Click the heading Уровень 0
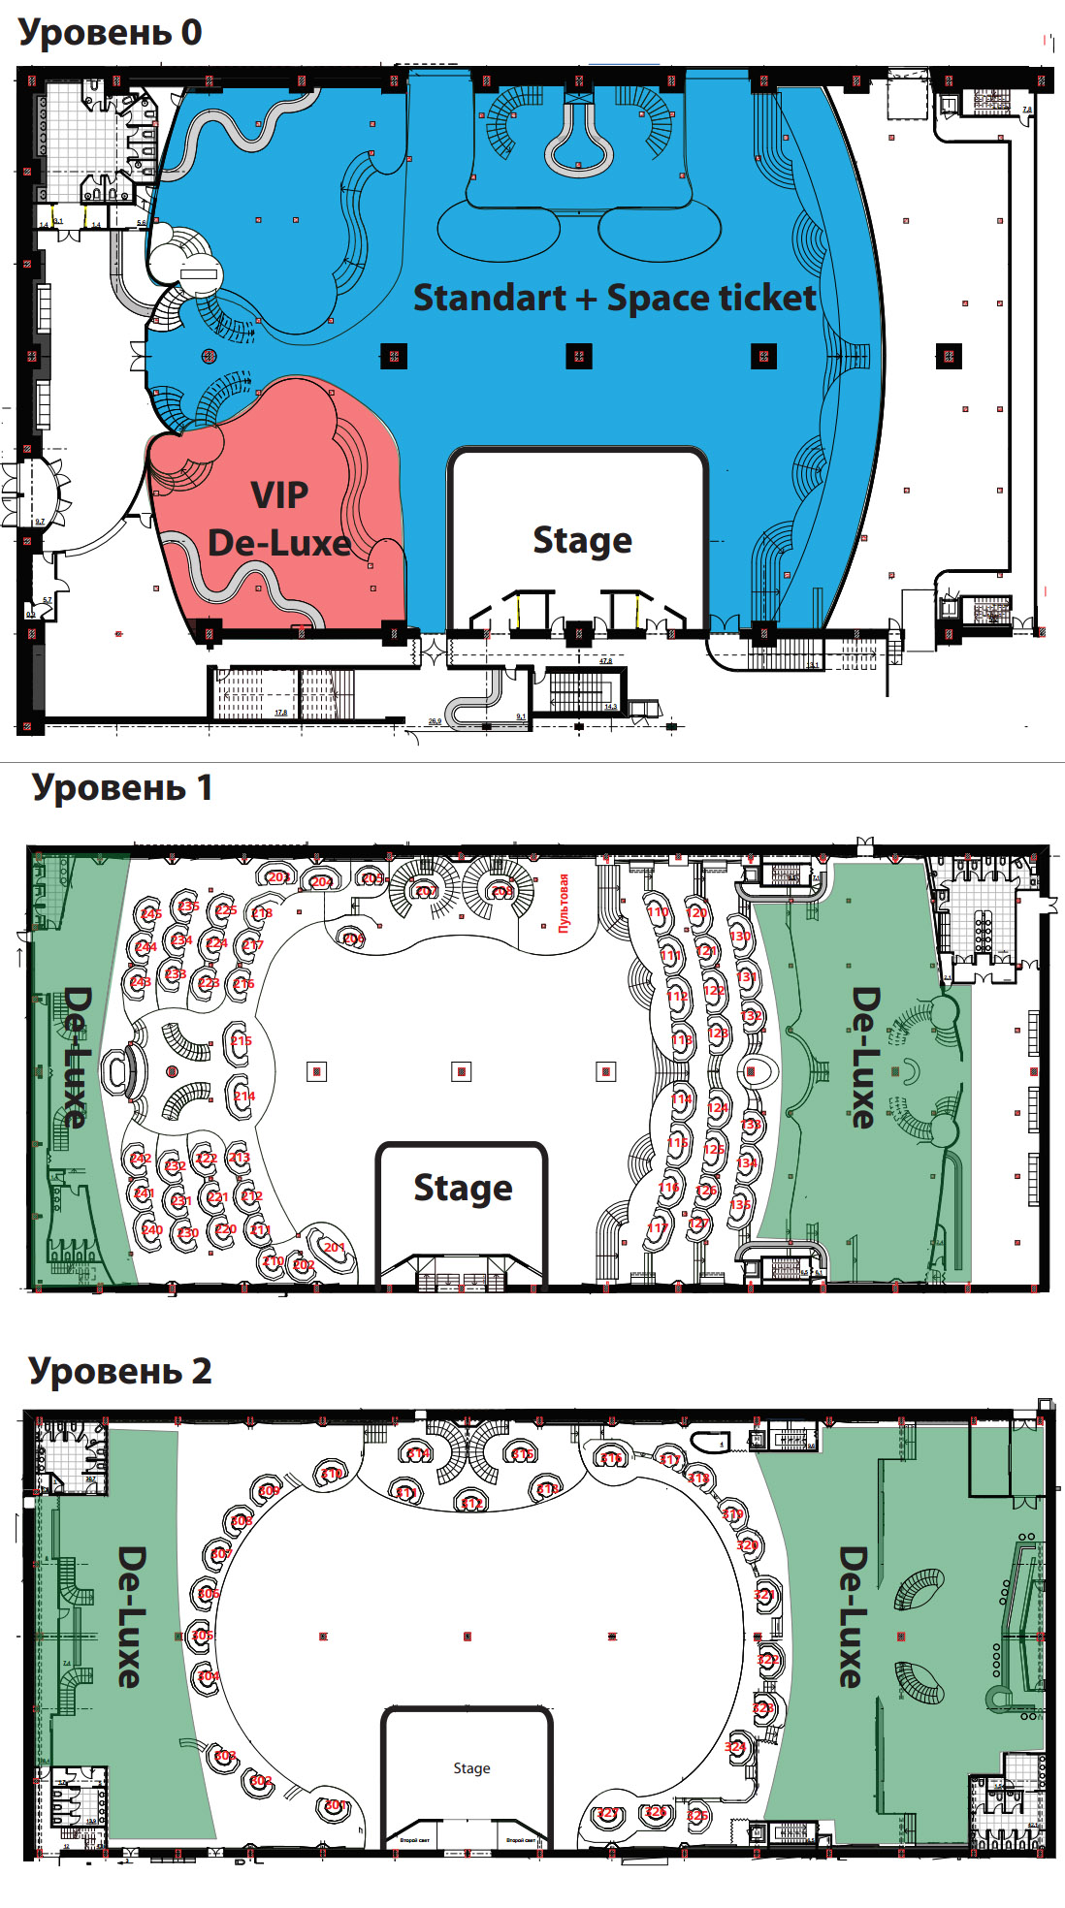110,32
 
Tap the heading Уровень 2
119,1371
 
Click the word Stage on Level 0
582,540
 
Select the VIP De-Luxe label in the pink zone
279,519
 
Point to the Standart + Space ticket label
615,298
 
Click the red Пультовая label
564,903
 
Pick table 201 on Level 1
334,1247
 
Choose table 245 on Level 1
151,913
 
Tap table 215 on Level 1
241,1041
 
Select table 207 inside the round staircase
426,890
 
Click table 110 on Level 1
658,911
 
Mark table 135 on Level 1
741,1204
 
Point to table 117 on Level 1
657,1227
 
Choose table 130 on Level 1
740,937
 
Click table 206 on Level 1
354,938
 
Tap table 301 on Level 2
334,1805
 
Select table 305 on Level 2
202,1635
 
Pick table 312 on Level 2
471,1503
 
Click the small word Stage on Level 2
471,1768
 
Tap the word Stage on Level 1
463,1188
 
